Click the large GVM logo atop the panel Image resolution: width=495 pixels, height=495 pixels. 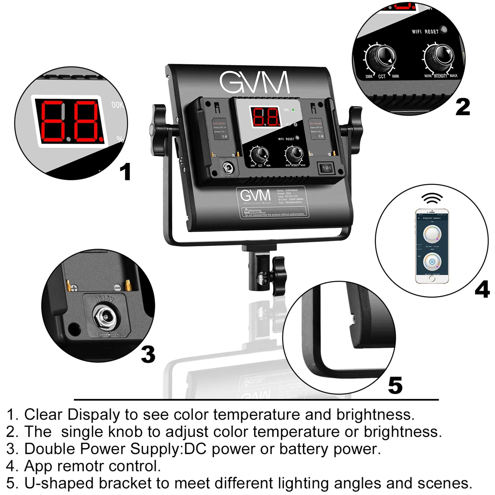(255, 83)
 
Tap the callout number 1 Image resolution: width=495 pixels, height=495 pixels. (125, 172)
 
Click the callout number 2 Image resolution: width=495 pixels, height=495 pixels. (463, 107)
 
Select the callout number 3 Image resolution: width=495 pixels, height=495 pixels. (148, 355)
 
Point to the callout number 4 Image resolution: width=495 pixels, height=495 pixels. (482, 290)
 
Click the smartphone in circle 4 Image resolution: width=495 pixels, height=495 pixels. (432, 246)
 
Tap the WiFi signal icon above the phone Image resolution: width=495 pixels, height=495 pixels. (432, 199)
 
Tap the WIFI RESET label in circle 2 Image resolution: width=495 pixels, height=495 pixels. (425, 32)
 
